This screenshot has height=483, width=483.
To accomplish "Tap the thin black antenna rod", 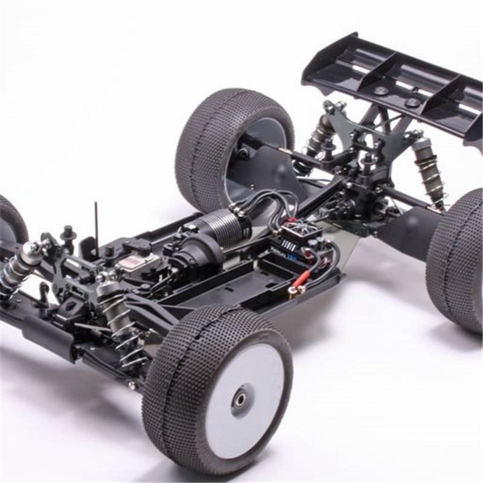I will (96, 220).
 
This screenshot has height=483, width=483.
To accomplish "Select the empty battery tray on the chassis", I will (241, 290).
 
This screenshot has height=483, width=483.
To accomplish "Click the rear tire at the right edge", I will (456, 260).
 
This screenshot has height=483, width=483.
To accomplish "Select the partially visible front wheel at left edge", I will (11, 220).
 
